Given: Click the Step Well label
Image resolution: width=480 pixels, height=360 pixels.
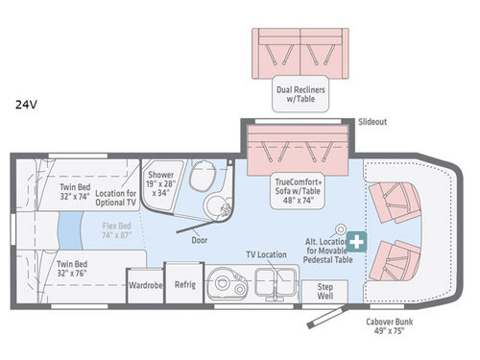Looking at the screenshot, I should tap(319, 291).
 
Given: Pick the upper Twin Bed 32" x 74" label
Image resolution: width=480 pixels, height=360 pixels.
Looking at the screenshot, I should tap(75, 193).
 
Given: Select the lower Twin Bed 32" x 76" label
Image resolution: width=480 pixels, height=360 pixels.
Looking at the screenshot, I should tap(75, 269).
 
